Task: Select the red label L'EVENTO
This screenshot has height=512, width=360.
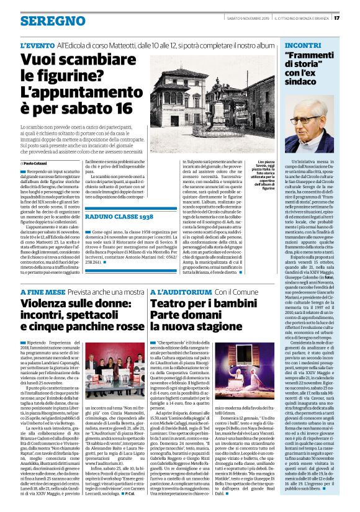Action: click(x=37, y=47)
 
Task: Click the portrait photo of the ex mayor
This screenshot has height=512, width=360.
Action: click(x=310, y=127)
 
